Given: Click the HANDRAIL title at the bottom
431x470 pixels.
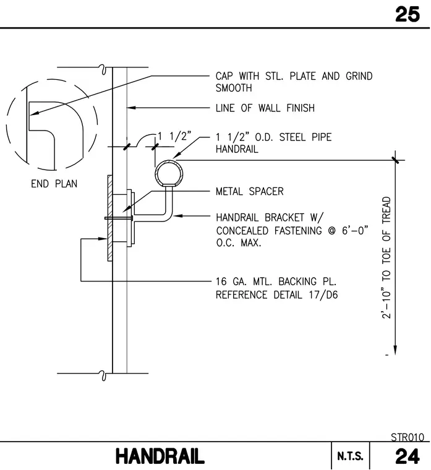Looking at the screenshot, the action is [160, 456].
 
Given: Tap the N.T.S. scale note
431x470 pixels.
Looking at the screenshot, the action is [350, 456].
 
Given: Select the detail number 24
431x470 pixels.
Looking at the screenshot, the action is [408, 456].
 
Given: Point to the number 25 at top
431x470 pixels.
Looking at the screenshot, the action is [408, 14].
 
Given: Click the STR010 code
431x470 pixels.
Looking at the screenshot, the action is [408, 437].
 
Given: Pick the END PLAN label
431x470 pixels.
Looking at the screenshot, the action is [54, 184].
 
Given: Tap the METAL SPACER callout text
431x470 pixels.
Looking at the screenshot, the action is [250, 191].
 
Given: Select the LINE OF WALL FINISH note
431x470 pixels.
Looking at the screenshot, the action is [265, 108].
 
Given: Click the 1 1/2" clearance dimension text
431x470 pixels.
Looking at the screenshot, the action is [174, 137].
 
